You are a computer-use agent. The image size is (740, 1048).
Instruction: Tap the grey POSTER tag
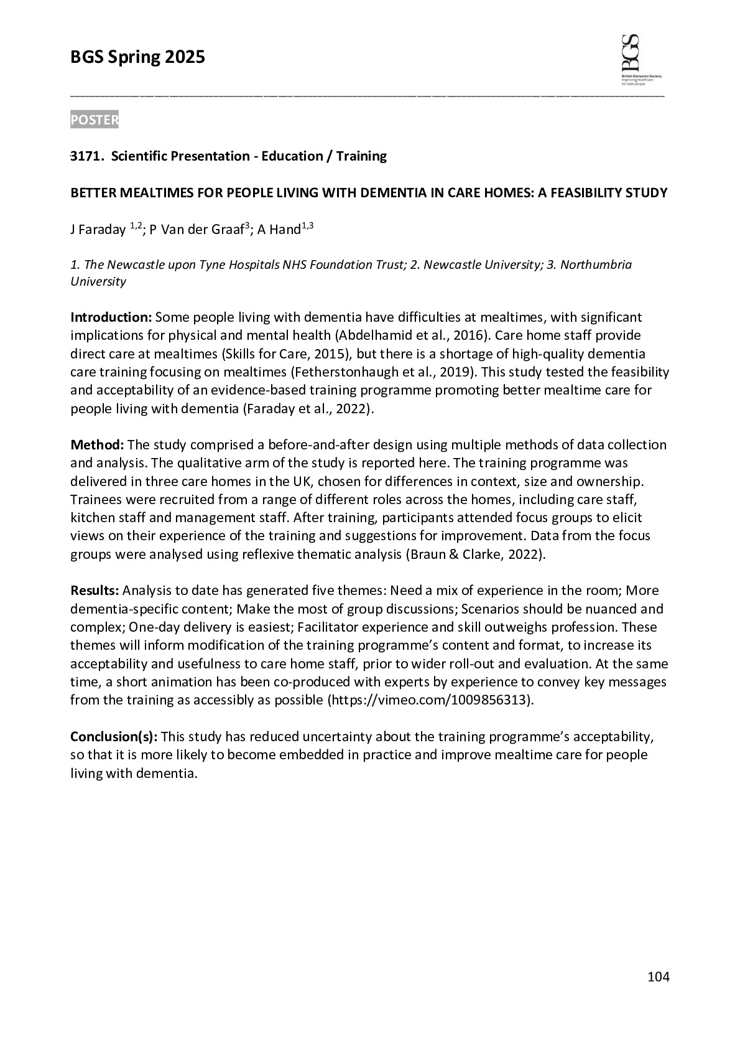[94, 120]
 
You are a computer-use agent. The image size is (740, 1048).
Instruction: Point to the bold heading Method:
[97, 445]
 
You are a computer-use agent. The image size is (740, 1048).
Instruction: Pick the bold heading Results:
[95, 591]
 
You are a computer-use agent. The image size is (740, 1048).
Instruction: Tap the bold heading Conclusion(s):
[114, 737]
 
